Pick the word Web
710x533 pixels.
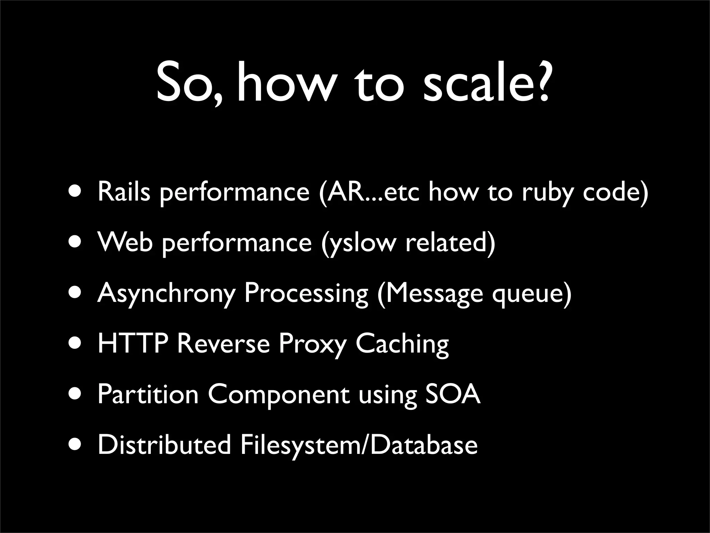125,242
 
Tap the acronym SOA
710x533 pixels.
453,394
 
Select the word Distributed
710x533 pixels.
164,445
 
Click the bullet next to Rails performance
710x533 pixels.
75,192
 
